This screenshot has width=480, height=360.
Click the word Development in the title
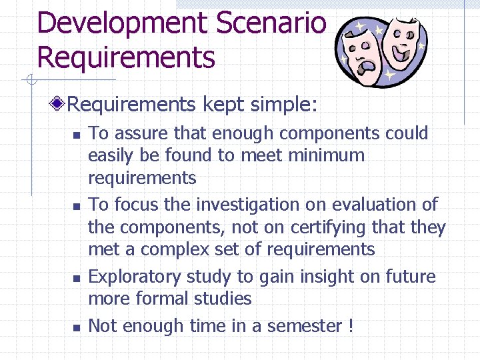[x=121, y=23]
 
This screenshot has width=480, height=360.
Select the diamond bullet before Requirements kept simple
[x=59, y=104]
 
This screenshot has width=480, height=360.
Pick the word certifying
[x=331, y=227]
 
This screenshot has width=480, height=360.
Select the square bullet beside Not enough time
[x=76, y=327]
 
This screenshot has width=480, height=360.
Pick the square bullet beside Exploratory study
[x=76, y=278]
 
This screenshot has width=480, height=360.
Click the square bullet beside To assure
[x=76, y=135]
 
